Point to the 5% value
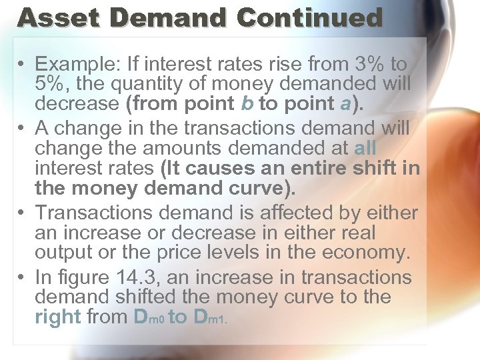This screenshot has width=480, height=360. pos(52,85)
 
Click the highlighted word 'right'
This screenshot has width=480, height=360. pos(58,317)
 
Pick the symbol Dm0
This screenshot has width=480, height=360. pos(149,317)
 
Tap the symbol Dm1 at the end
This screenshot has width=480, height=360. pos(209,317)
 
